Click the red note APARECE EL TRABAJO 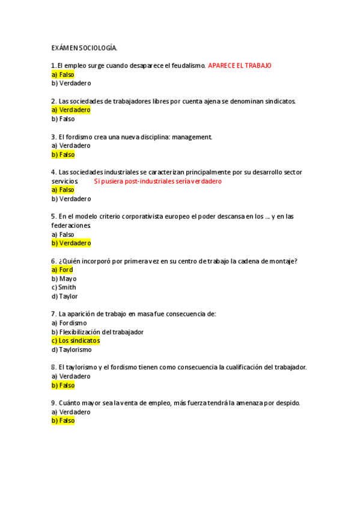pos(240,66)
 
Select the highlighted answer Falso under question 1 pos(63,75)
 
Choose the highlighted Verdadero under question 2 pos(71,110)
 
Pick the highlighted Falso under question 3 pos(63,155)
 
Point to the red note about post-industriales pos(158,181)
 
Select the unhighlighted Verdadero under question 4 pos(71,198)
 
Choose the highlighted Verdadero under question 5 pos(71,243)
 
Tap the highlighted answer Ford pos(62,269)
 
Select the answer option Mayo pos(64,278)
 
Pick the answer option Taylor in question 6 pos(64,296)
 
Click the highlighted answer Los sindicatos pos(75,340)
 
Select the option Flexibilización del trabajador pos(97,332)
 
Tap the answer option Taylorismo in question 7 pos(72,349)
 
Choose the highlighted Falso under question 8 pos(63,385)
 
